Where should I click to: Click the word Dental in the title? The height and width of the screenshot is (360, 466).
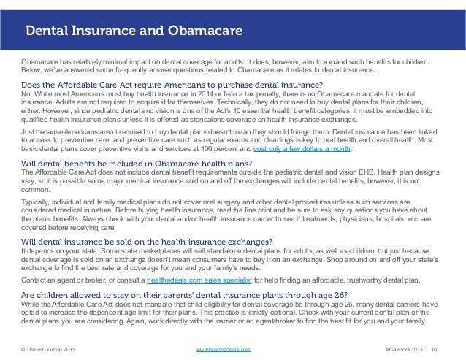[x=49, y=31]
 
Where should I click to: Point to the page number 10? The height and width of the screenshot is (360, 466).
[x=435, y=350]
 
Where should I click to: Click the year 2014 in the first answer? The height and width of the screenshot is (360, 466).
[x=221, y=95]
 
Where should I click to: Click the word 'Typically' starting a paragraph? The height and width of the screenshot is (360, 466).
[x=37, y=199]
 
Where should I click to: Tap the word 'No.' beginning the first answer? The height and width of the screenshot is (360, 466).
[x=27, y=95]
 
